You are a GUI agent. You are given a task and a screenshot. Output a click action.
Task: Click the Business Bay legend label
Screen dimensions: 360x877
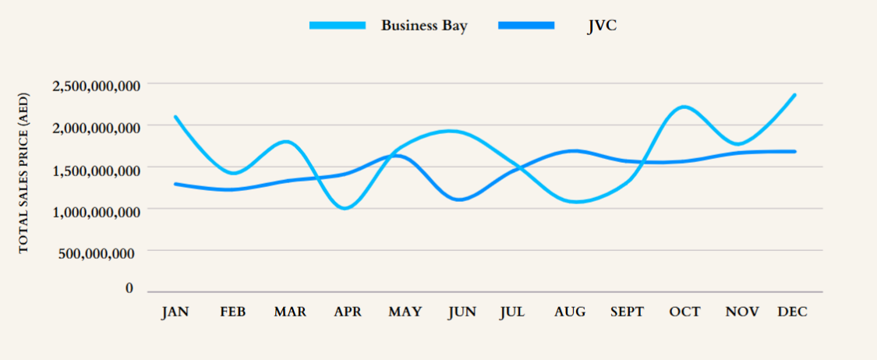(424, 25)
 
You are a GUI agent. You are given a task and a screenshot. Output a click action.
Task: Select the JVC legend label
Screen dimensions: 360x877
(603, 25)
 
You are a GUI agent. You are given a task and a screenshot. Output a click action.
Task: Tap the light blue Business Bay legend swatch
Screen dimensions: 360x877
(338, 26)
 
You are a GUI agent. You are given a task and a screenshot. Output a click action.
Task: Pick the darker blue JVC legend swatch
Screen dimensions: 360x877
(526, 26)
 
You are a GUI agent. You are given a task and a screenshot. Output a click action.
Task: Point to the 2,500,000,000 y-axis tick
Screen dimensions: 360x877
(97, 84)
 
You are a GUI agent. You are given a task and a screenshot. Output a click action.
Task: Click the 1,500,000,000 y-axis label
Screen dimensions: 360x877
(97, 168)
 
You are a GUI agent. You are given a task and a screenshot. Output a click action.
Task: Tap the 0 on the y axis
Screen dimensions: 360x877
(129, 289)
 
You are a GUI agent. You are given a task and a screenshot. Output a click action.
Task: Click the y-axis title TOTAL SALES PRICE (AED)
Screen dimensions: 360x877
(23, 172)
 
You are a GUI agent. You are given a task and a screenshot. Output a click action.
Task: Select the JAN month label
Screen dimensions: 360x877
(175, 312)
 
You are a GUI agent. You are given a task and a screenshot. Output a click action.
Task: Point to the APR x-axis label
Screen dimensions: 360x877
(348, 312)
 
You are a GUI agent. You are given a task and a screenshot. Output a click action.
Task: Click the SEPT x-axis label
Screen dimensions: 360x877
(628, 312)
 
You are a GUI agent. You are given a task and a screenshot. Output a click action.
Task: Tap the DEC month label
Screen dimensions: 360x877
(793, 312)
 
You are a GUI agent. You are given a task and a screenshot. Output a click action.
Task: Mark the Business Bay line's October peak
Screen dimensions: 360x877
(684, 107)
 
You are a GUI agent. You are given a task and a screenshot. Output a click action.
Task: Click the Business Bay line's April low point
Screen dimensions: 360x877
(345, 208)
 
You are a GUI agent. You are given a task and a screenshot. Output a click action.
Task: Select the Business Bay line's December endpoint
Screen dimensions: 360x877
(794, 95)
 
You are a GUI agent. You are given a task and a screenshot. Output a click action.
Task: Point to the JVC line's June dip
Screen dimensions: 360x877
(461, 199)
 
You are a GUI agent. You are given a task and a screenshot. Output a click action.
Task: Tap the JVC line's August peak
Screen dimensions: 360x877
(574, 150)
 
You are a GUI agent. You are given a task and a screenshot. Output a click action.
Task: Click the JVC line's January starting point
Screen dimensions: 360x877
(175, 184)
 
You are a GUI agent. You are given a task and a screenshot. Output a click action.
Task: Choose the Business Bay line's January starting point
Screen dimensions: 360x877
(175, 117)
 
